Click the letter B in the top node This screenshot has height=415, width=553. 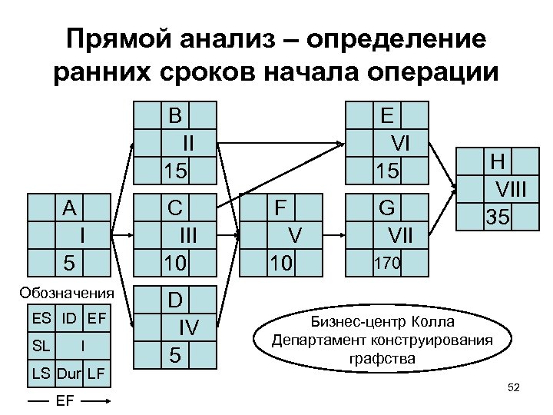coord(177,115)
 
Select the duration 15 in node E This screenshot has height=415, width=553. coord(386,171)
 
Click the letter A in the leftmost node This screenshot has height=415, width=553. coord(70,208)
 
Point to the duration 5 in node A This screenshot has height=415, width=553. coord(69,264)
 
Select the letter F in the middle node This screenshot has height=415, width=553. coord(281,207)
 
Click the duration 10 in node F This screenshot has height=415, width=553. coord(281,264)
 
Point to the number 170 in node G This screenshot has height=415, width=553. coord(386,264)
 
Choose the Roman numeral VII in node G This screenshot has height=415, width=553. coord(399,236)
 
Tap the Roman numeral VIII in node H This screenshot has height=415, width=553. coord(514,190)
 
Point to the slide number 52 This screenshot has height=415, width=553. coord(514,389)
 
